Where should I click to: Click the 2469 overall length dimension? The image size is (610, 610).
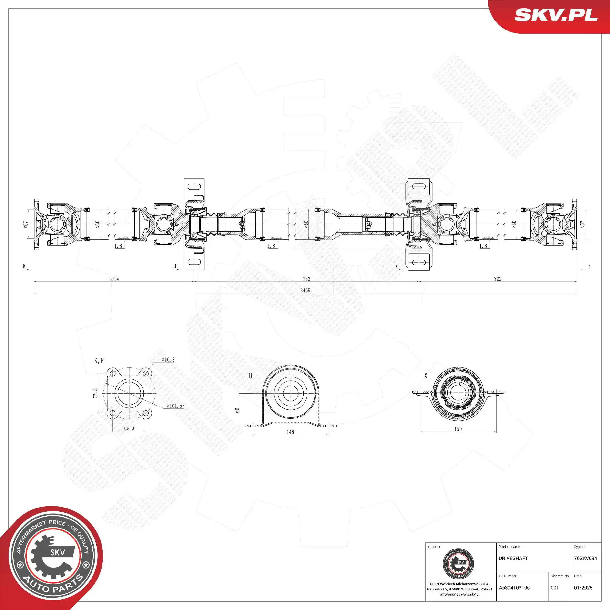(x=305, y=290)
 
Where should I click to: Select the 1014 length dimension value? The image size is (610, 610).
(x=114, y=279)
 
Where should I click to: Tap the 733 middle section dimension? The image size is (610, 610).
(x=306, y=279)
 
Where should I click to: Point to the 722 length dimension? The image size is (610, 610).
(x=498, y=279)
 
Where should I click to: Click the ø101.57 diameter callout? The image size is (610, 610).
(x=175, y=406)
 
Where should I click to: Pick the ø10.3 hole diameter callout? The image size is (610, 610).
(x=168, y=360)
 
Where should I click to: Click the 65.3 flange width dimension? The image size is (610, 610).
(x=129, y=428)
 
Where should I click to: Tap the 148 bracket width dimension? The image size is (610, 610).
(x=290, y=432)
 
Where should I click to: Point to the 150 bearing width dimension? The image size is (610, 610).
(x=458, y=429)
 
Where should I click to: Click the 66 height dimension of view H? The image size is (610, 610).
(x=237, y=410)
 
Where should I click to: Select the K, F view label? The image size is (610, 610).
(x=99, y=361)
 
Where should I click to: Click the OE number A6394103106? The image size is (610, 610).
(x=514, y=588)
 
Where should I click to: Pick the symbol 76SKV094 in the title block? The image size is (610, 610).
(x=585, y=558)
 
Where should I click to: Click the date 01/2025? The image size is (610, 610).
(x=583, y=588)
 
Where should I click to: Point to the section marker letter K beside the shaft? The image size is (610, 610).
(x=24, y=266)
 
